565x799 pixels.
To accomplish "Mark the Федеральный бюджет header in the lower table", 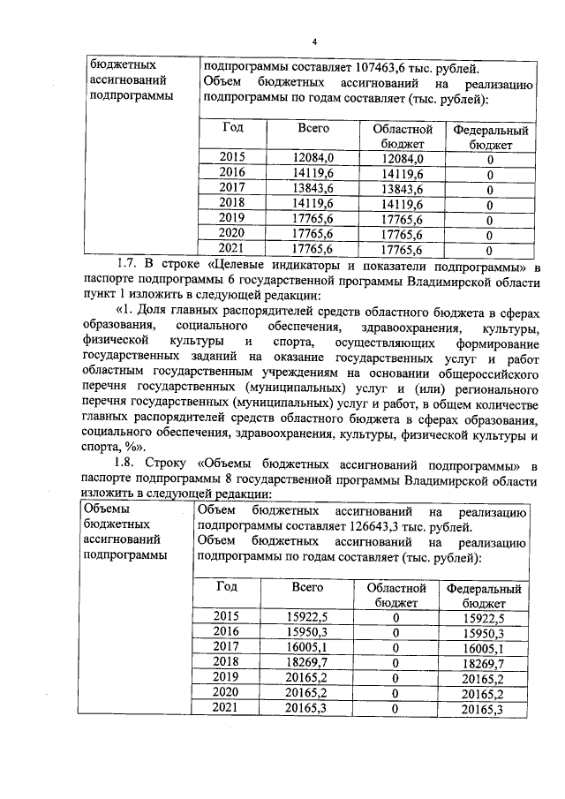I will [x=485, y=595].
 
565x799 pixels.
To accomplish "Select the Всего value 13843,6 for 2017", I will [x=313, y=188].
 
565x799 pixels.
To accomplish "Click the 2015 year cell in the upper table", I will [x=232, y=158].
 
